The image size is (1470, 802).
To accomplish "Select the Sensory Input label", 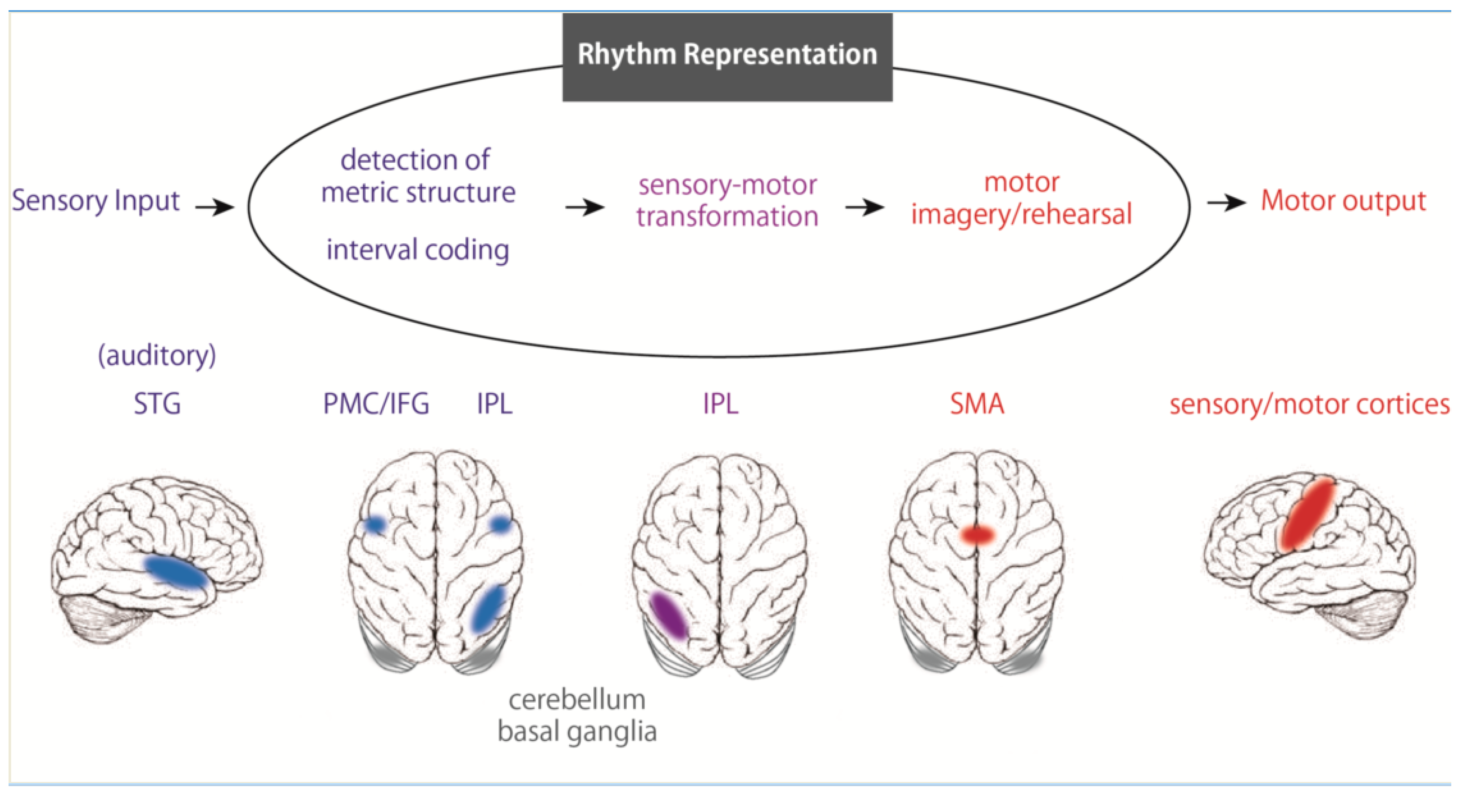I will pos(95,201).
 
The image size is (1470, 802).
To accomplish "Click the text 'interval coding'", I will pos(418,250).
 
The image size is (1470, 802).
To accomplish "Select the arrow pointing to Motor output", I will pos(1226,203).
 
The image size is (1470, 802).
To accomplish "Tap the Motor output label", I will pos(1343,201).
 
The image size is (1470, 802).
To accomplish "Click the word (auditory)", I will pos(157,355).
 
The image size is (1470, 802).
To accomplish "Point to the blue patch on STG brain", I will pos(176,572).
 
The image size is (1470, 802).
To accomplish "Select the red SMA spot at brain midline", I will pos(977,535).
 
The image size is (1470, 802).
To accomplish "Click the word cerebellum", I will pos(576,700).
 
